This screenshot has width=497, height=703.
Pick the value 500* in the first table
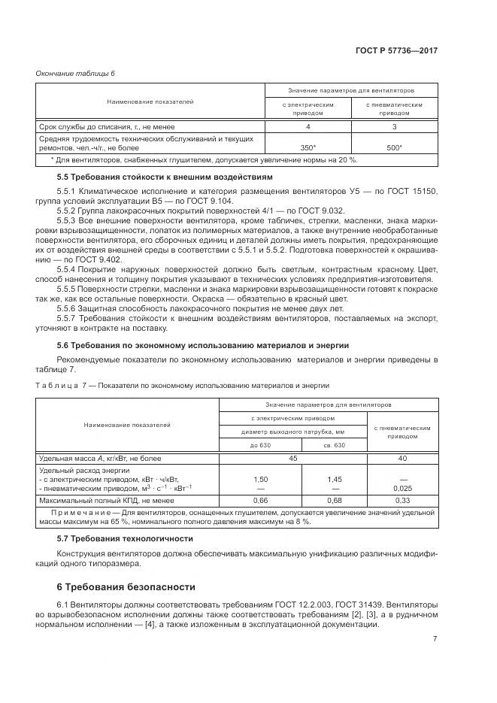(x=393, y=148)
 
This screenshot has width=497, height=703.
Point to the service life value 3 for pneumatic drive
(x=393, y=126)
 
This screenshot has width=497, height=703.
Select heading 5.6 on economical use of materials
(x=202, y=345)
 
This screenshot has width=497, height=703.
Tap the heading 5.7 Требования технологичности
(x=114, y=538)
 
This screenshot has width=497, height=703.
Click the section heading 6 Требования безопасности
(x=126, y=586)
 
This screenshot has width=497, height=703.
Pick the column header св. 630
(x=334, y=445)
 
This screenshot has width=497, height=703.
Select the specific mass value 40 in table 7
(x=402, y=458)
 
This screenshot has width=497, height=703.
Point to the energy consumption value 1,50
(x=260, y=478)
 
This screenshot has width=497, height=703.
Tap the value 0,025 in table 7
(x=402, y=487)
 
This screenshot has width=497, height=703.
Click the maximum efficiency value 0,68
(x=334, y=499)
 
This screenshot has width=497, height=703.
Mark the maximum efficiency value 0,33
(x=402, y=499)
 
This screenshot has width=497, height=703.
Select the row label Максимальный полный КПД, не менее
(x=106, y=499)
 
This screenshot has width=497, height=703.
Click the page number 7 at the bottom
(x=435, y=639)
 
